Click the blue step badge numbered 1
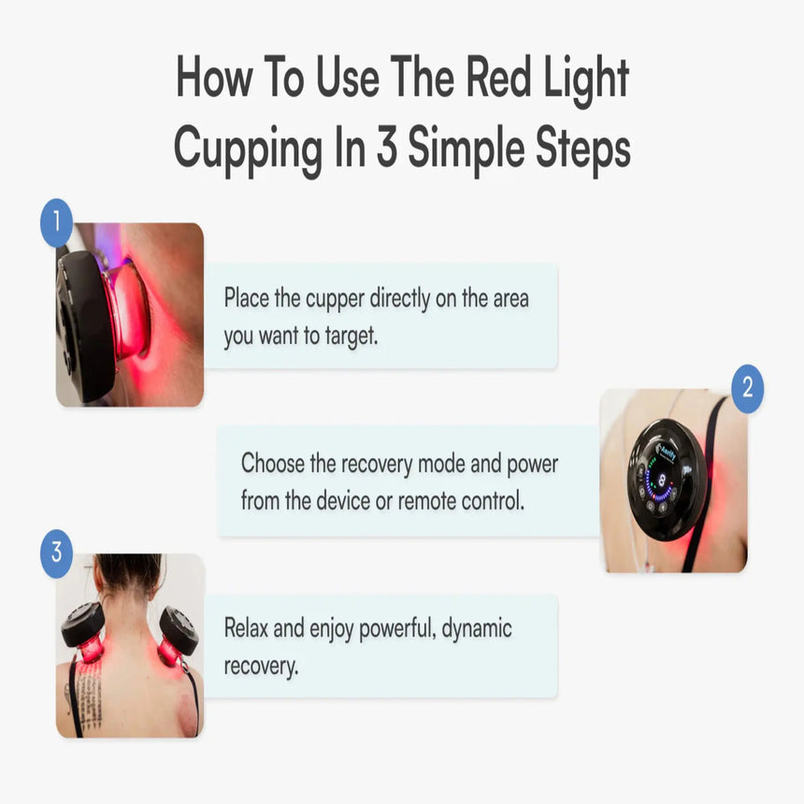(x=56, y=223)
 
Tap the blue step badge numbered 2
(x=746, y=389)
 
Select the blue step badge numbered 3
(x=56, y=553)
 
